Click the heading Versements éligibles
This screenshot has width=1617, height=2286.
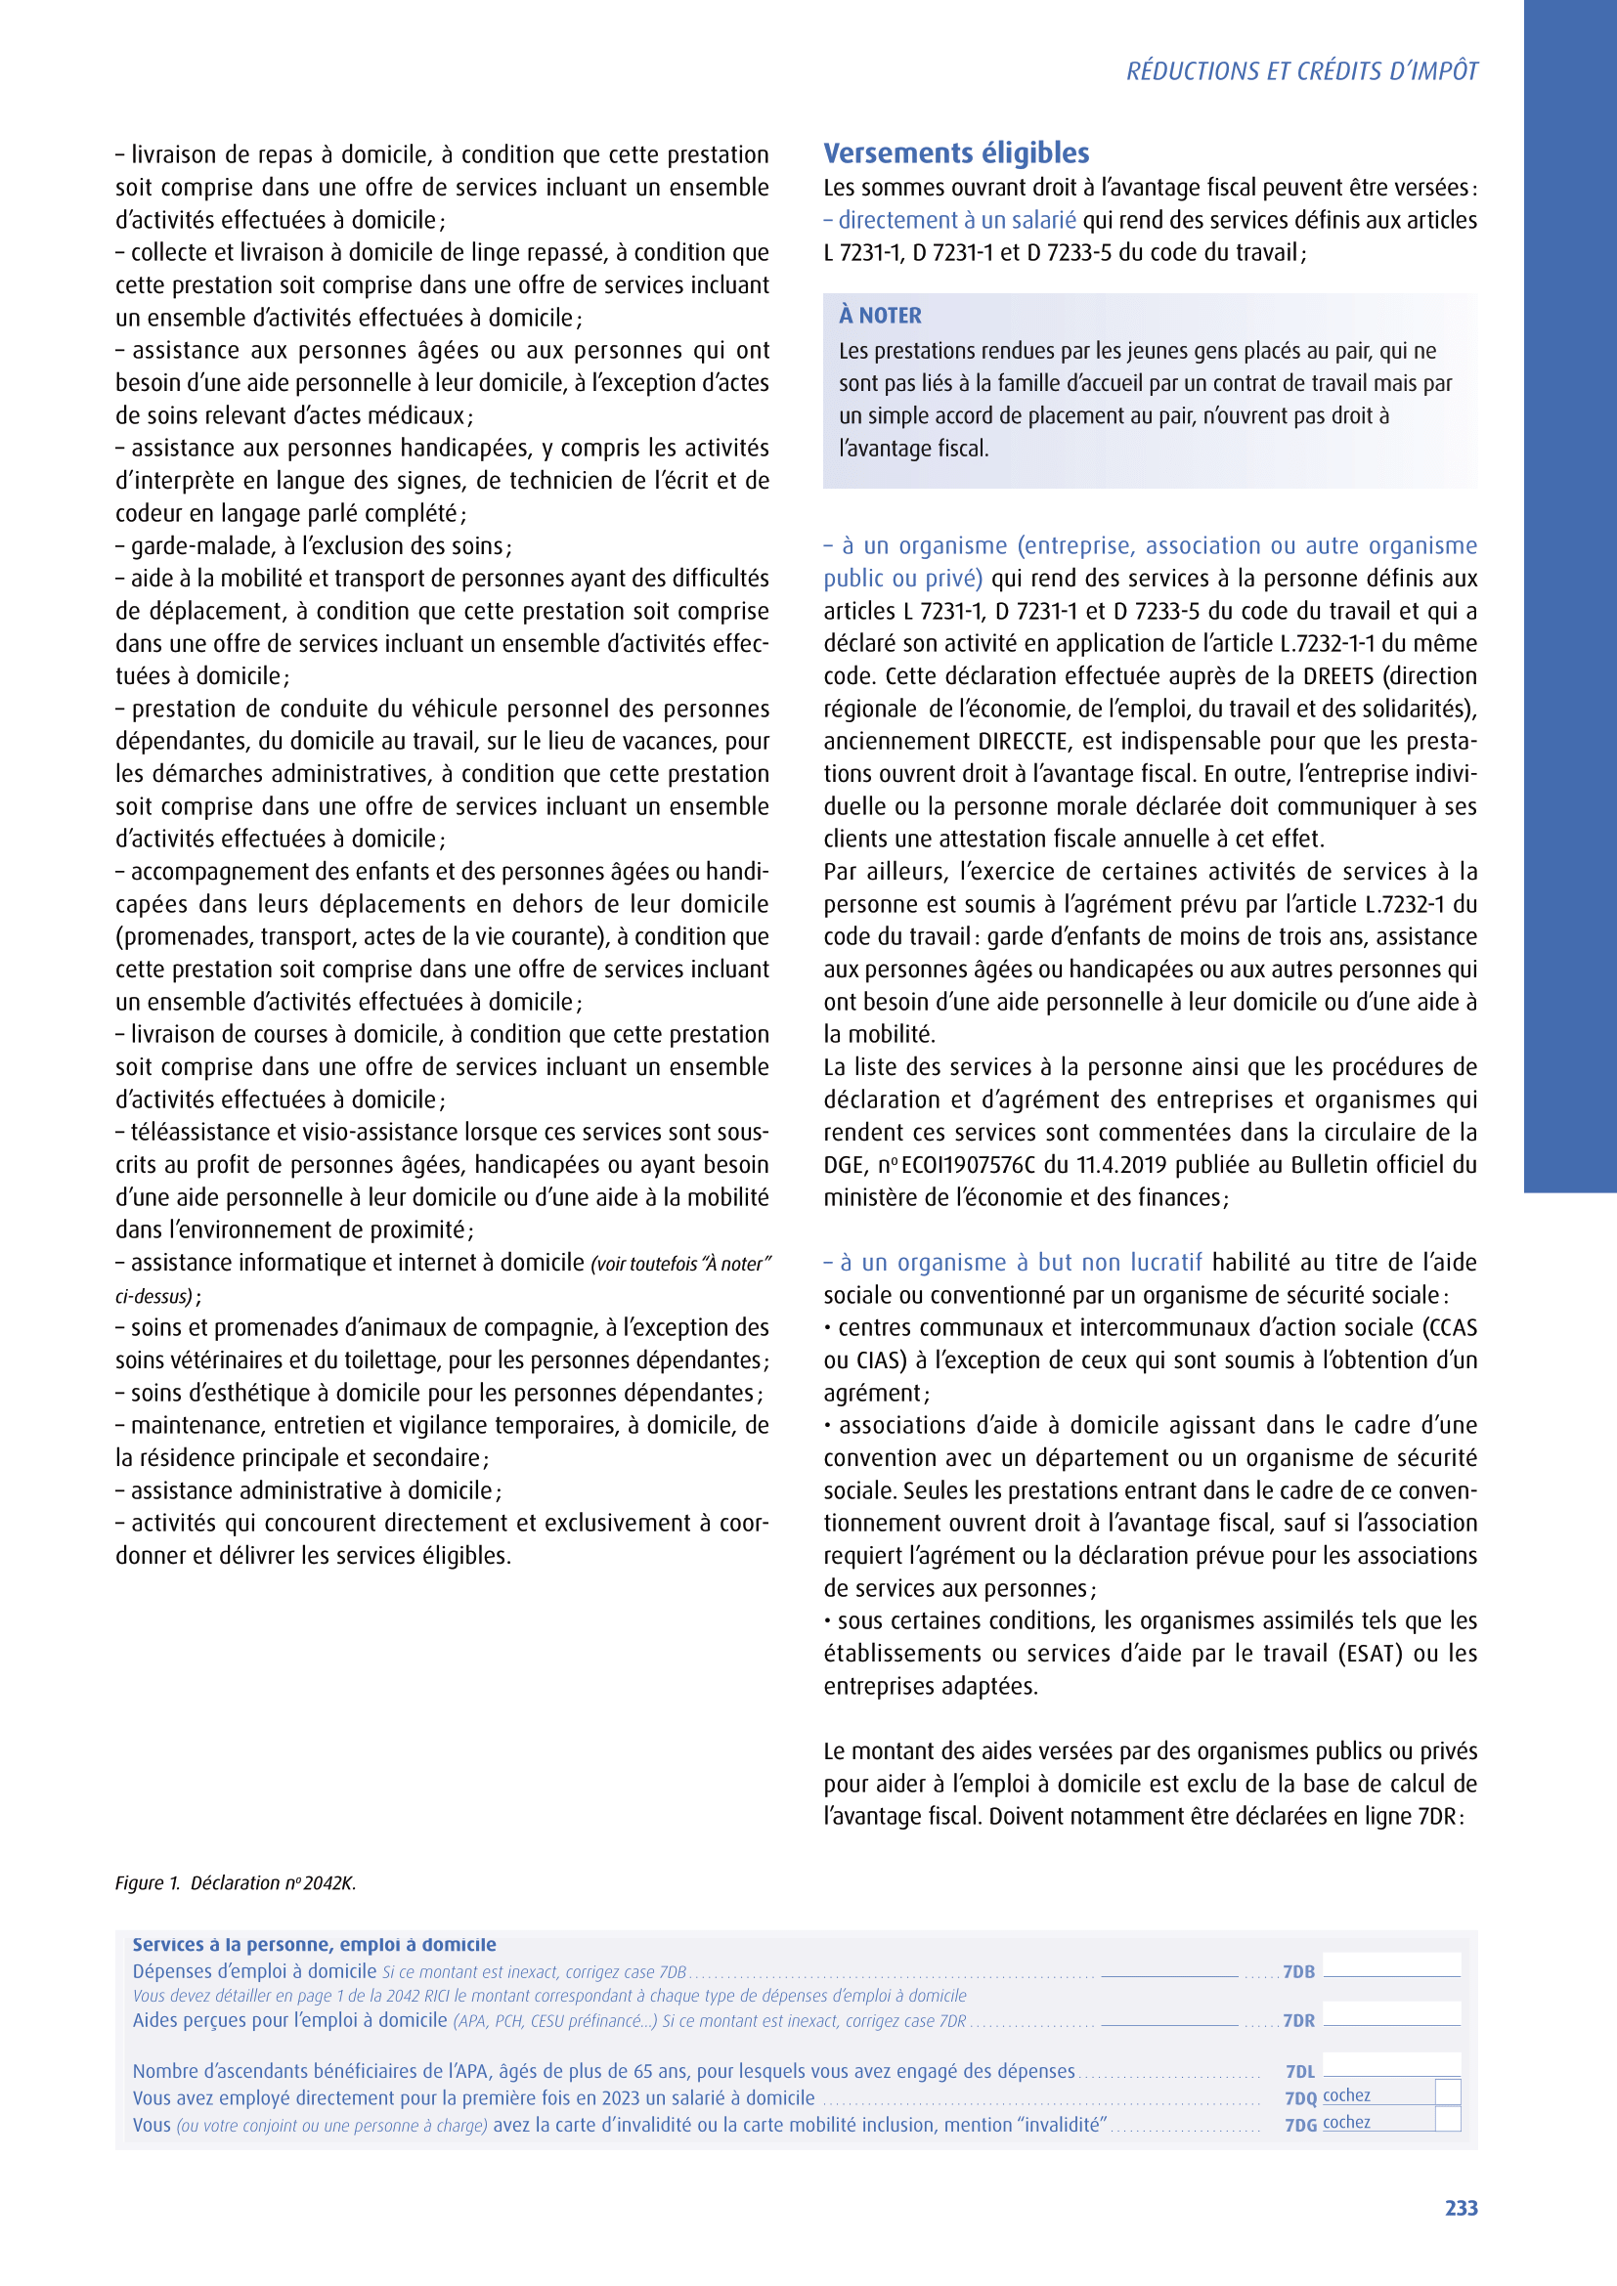point(956,153)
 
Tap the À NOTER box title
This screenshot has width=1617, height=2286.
point(880,316)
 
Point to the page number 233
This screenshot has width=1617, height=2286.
point(1461,2208)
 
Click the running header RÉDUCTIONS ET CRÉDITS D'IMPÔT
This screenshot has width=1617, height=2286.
point(1301,71)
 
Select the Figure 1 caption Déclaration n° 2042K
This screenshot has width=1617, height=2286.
point(236,1882)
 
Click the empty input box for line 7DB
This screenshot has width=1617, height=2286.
point(1391,1964)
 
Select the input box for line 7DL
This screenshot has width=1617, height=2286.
point(1391,2064)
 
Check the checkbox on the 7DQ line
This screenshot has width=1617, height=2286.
point(1448,2092)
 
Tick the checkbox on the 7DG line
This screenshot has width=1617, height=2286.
point(1448,2119)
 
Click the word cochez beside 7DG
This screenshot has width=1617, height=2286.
point(1346,2122)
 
